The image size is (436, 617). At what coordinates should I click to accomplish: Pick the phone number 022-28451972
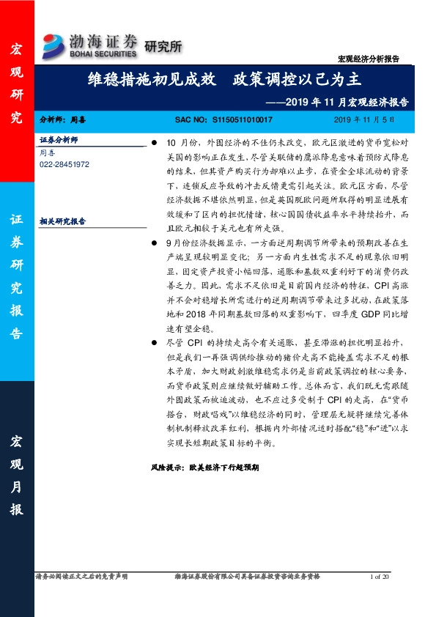point(64,165)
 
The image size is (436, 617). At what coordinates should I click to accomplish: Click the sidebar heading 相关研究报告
point(63,220)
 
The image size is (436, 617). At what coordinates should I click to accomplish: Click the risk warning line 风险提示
point(204,466)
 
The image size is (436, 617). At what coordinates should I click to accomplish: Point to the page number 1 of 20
point(383,577)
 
